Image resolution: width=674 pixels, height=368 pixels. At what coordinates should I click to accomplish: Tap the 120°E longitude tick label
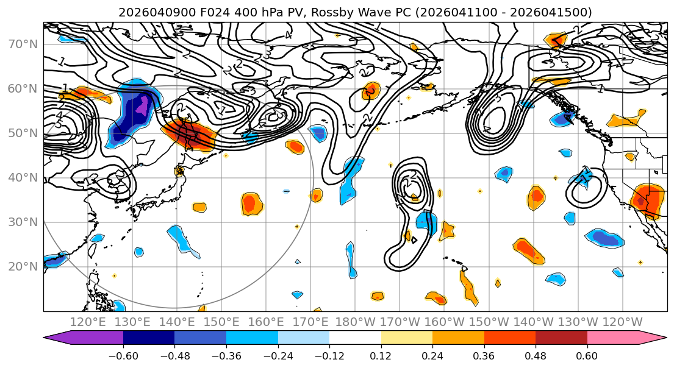click(89, 322)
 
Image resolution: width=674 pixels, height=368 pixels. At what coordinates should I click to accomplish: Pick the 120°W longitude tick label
click(622, 322)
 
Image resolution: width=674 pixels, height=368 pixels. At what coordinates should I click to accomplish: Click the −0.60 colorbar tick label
click(123, 355)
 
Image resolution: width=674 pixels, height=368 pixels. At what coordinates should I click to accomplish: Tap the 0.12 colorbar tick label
click(381, 355)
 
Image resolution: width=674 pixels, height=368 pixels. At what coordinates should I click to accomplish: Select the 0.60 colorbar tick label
click(587, 355)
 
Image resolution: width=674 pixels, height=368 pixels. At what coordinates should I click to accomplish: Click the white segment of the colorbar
click(355, 338)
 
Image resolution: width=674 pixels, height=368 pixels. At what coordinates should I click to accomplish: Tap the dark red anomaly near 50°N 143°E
click(190, 135)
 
